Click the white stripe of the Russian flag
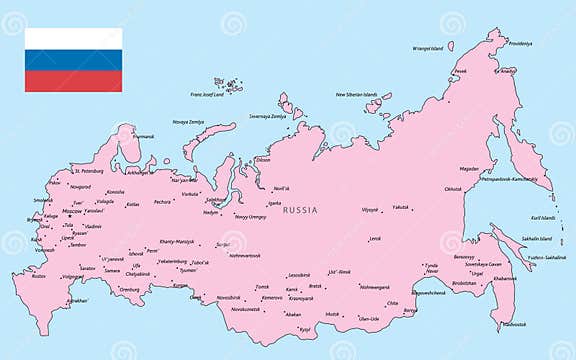(x=73, y=38)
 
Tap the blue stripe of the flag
(x=73, y=60)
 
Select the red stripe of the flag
(x=73, y=81)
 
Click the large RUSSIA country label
(x=301, y=210)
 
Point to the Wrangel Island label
(x=428, y=48)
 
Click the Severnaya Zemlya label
(x=267, y=115)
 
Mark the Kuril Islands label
(x=542, y=217)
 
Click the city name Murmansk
(x=144, y=136)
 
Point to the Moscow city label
(x=72, y=211)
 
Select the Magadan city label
(x=469, y=169)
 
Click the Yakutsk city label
(x=400, y=207)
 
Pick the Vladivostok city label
(x=515, y=324)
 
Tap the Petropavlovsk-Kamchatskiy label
(x=511, y=179)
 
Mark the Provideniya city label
(x=520, y=43)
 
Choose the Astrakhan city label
(x=78, y=300)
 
